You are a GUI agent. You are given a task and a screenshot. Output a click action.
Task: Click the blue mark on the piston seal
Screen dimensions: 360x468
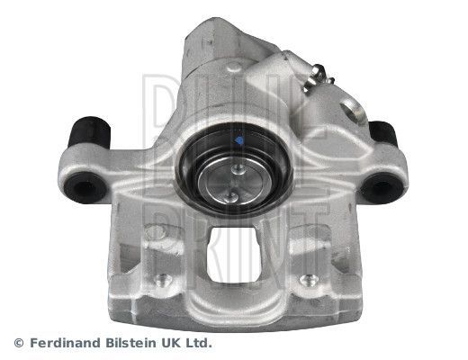click(239, 141)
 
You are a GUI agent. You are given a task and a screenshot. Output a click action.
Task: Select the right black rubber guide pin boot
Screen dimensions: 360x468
click(383, 135)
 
